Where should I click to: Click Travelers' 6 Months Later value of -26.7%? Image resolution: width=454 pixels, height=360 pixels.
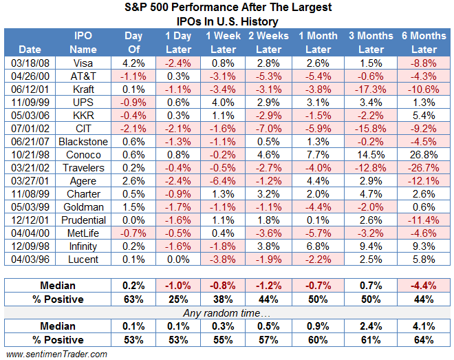coord(423,168)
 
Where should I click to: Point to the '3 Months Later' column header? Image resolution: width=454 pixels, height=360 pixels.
coord(371,42)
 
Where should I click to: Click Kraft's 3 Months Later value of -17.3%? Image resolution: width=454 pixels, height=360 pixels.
coord(371,89)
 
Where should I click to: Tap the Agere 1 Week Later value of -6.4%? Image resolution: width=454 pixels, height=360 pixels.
coord(222,181)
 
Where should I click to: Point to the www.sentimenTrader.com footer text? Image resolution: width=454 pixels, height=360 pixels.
coord(56,354)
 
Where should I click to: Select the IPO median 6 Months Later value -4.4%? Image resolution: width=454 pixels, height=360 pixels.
coord(424,284)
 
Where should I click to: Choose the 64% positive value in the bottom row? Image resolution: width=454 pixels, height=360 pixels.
coord(424,340)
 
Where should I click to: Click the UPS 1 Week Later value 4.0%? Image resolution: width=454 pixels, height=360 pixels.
coord(224,103)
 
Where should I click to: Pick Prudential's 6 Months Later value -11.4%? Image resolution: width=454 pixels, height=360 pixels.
coord(423,220)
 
